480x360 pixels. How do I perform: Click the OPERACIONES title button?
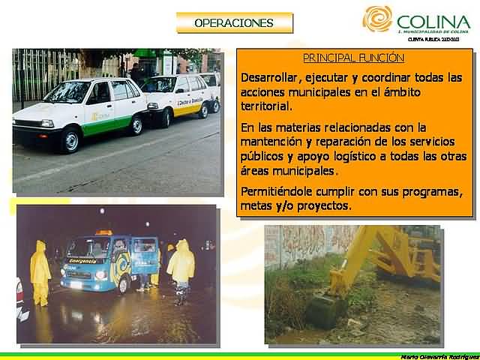pyautogui.click(x=233, y=23)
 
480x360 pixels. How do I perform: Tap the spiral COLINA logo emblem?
pyautogui.click(x=377, y=19)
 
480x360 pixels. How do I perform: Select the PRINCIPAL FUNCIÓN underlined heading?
pyautogui.click(x=353, y=58)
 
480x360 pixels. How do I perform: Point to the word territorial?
pyautogui.click(x=267, y=106)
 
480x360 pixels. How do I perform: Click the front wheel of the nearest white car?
pyautogui.click(x=70, y=140)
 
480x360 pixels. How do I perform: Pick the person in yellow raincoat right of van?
pyautogui.click(x=181, y=267)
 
